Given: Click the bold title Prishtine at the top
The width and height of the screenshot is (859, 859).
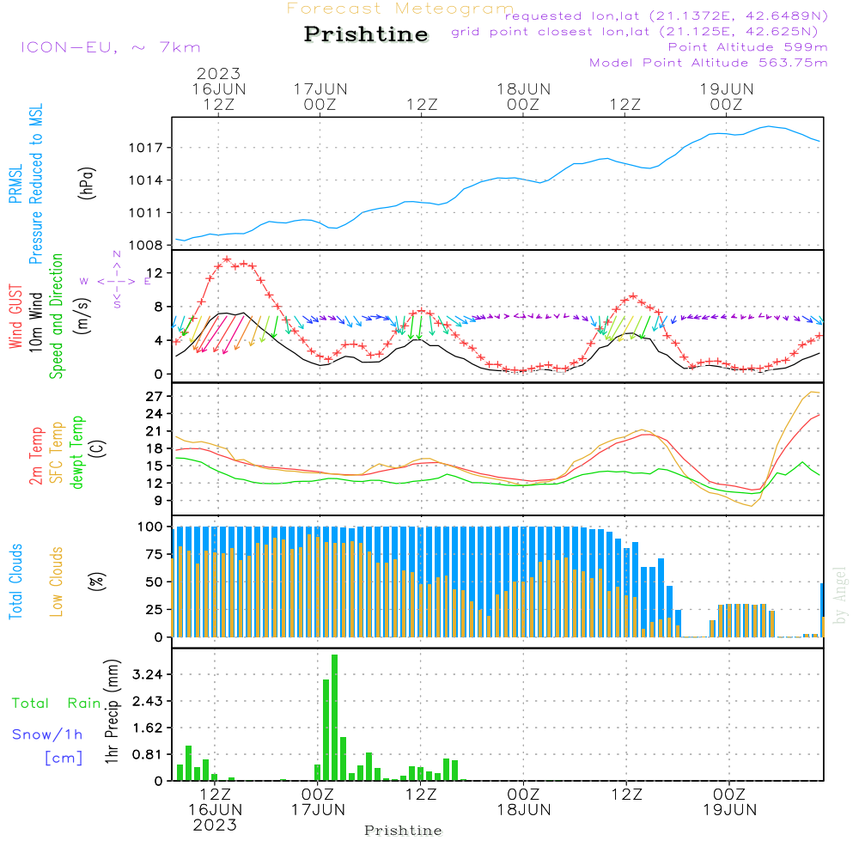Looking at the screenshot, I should [366, 34].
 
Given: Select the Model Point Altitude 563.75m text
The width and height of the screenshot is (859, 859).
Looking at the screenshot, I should [708, 63].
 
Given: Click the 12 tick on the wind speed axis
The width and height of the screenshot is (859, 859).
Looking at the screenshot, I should [155, 273].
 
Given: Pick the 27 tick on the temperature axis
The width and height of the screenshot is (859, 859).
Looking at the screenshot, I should [155, 396].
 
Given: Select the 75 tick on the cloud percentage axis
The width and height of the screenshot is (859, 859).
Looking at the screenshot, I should [155, 554].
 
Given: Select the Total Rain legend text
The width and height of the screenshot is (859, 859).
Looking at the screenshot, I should [56, 704].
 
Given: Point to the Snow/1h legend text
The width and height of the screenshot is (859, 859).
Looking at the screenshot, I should [47, 734].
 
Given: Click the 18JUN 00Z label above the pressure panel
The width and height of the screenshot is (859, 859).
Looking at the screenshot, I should [523, 96].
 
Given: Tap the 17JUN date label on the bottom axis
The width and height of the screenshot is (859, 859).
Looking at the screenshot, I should [318, 809].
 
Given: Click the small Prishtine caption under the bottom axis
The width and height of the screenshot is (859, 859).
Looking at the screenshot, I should [403, 831].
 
